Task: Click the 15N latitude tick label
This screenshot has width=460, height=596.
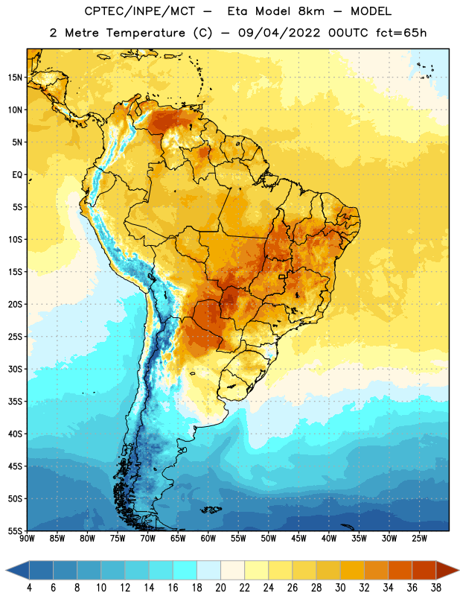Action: [x=15, y=77]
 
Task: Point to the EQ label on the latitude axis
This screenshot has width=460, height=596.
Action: [x=17, y=175]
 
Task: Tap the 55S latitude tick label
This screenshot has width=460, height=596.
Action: [x=15, y=530]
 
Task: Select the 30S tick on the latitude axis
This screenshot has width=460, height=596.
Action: [x=15, y=369]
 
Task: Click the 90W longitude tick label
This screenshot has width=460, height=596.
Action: [x=27, y=538]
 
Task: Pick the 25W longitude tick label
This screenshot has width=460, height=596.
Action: [x=419, y=538]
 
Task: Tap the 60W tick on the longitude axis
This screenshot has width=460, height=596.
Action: [x=208, y=538]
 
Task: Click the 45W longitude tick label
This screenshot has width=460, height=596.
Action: [x=298, y=538]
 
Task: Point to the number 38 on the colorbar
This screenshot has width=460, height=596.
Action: [x=436, y=587]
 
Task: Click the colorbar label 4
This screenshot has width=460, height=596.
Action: [x=29, y=587]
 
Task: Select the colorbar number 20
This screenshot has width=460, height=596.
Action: [x=220, y=587]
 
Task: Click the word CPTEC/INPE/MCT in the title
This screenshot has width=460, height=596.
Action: [x=140, y=11]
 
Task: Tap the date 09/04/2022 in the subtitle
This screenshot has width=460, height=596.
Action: [x=279, y=33]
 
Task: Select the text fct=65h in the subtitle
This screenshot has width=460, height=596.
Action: [x=401, y=33]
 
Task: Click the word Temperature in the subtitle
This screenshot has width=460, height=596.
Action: [x=145, y=33]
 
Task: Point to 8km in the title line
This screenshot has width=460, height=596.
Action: [x=311, y=11]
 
